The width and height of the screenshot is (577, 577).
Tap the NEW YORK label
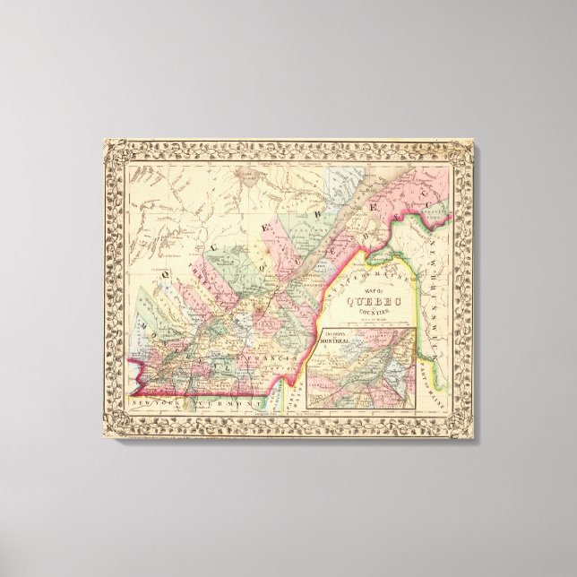click(149, 407)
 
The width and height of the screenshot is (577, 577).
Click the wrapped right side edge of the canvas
click(480, 287)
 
